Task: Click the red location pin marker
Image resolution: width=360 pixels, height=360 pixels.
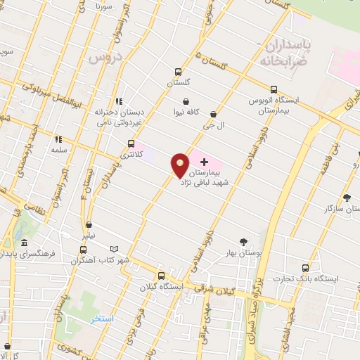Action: click(180, 165)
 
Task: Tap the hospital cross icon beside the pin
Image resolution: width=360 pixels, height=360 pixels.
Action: click(204, 162)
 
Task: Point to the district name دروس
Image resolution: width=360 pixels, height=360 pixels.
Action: click(106, 56)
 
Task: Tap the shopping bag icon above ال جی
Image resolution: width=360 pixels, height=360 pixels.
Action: click(213, 114)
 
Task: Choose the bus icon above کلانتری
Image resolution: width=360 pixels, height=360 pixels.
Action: click(130, 142)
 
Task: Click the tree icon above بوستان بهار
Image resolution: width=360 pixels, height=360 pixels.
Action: click(243, 240)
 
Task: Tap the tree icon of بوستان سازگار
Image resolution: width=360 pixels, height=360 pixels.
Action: click(346, 198)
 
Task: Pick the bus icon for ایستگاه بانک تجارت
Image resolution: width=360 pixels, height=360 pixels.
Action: click(304, 268)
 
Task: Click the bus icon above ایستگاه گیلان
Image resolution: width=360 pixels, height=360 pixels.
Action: click(161, 276)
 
